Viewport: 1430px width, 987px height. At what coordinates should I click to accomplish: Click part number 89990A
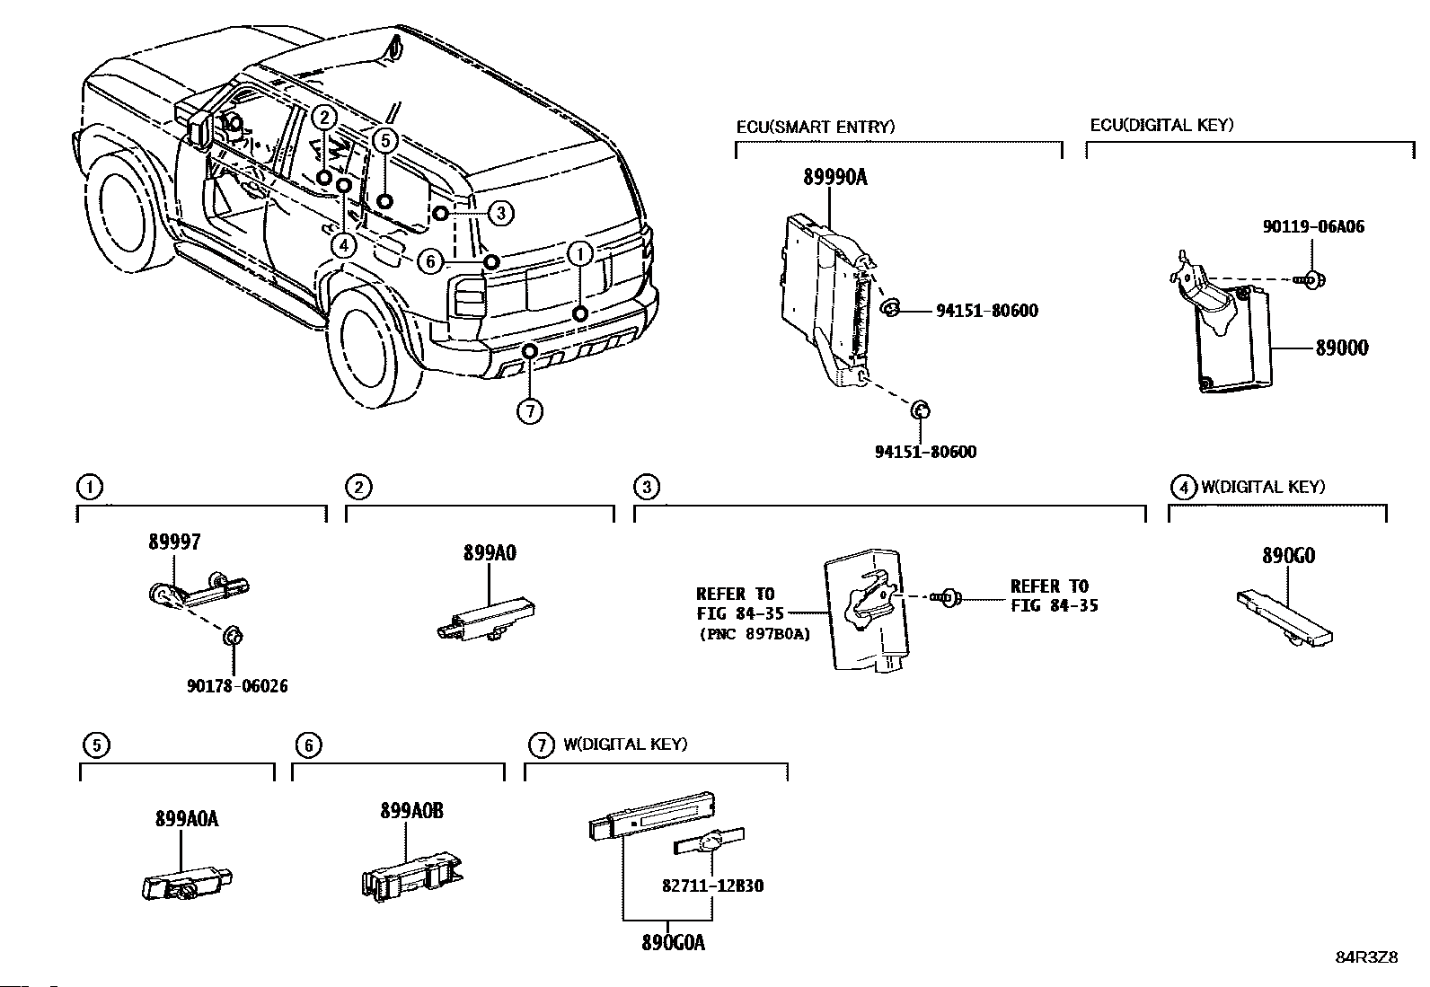click(x=835, y=177)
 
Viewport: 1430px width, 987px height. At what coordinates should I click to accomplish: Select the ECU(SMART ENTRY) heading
click(x=816, y=127)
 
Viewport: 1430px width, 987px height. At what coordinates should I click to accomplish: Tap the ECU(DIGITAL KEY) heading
click(x=1162, y=125)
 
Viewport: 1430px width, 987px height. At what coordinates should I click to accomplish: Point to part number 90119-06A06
click(x=1313, y=226)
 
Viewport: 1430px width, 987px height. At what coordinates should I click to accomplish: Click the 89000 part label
click(x=1342, y=348)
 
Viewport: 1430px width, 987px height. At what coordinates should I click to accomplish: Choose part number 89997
click(x=174, y=542)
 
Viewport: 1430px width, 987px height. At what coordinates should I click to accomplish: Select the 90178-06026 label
click(x=237, y=685)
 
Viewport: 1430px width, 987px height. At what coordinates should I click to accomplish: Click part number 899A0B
click(x=411, y=811)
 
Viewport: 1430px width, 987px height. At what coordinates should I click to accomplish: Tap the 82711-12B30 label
click(x=713, y=886)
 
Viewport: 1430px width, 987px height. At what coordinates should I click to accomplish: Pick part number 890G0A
click(x=674, y=943)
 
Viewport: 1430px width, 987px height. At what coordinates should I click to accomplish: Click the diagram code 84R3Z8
click(x=1367, y=957)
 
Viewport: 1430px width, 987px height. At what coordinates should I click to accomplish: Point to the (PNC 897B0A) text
click(x=755, y=634)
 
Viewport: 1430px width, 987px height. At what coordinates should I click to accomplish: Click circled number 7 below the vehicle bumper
click(x=530, y=410)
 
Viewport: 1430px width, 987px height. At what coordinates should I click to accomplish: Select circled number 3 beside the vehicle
click(x=501, y=213)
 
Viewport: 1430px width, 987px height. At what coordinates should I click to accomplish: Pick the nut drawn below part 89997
click(x=233, y=637)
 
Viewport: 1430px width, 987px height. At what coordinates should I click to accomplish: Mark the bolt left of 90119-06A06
click(x=1311, y=279)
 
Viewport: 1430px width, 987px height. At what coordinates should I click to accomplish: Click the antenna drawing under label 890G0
click(x=1284, y=619)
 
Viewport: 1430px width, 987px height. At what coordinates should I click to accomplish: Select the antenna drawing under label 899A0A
click(x=187, y=885)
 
